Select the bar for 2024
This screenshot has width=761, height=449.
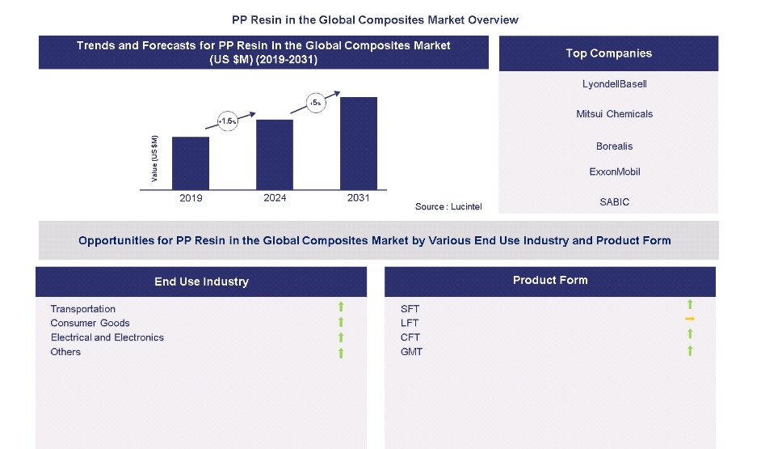(275, 152)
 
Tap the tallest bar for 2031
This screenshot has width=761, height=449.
(359, 141)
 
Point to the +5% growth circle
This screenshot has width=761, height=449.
(316, 103)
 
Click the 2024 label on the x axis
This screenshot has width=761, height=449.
(275, 198)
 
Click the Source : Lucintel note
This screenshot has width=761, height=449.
(448, 207)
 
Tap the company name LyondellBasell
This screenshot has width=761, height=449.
(608, 84)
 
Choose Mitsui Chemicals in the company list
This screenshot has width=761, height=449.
(608, 114)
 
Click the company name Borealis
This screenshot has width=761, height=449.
(608, 146)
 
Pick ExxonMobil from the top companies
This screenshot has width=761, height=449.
(608, 172)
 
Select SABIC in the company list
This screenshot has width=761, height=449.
(608, 202)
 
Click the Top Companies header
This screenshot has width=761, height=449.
(608, 53)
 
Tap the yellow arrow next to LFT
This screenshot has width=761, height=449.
(690, 320)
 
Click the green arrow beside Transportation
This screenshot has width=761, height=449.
(341, 307)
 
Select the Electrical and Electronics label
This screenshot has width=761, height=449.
(107, 337)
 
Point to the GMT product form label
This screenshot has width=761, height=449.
(411, 352)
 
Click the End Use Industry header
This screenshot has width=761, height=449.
(201, 282)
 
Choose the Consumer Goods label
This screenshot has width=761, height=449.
(90, 323)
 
